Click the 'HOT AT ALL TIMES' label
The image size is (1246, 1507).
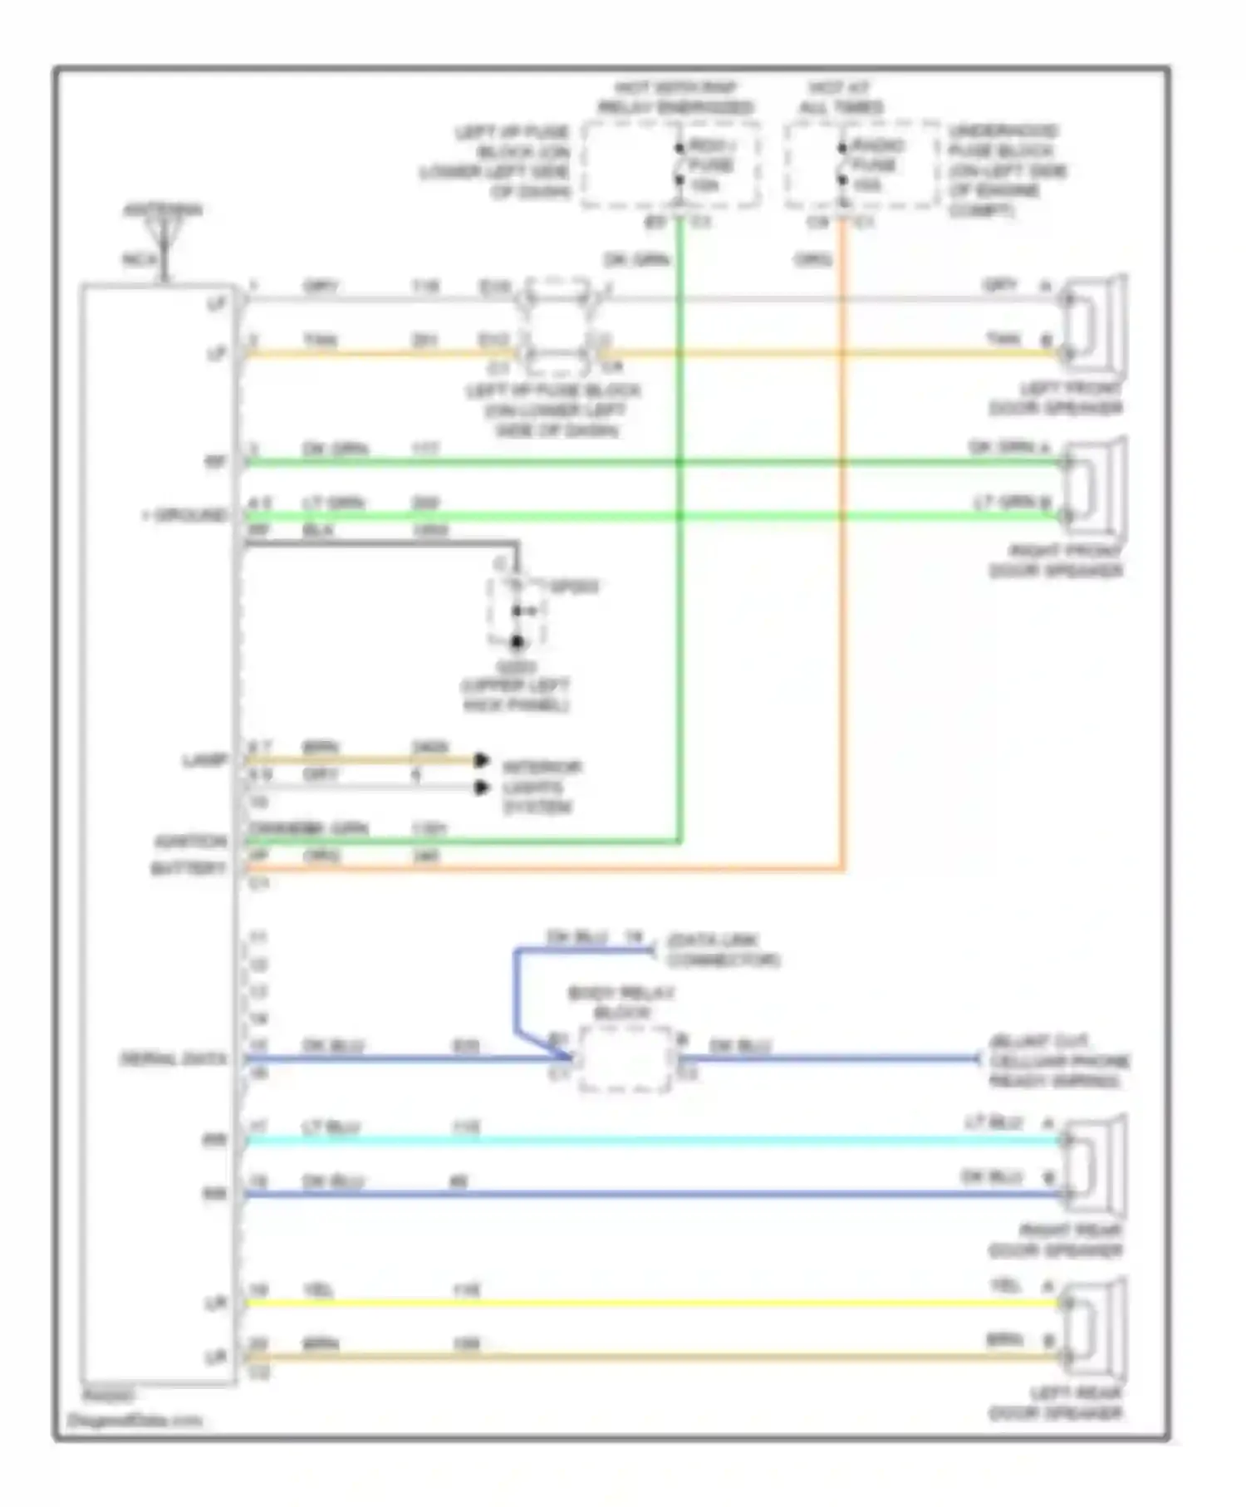(x=841, y=97)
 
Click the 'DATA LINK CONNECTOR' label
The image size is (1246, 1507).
(x=722, y=950)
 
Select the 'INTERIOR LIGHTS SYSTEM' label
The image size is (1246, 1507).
(x=541, y=787)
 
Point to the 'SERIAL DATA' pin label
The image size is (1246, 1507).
(x=174, y=1059)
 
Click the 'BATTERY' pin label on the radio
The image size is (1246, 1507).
(x=189, y=869)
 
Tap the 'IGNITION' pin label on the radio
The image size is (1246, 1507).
(x=190, y=842)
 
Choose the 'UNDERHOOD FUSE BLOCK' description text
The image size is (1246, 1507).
(x=1007, y=170)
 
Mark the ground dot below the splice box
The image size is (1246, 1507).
(x=517, y=642)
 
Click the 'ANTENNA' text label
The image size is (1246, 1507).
(x=163, y=210)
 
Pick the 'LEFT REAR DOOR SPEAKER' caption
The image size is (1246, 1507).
(x=1055, y=1402)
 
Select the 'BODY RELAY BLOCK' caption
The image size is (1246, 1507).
(x=621, y=1003)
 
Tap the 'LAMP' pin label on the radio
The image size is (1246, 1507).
(x=204, y=760)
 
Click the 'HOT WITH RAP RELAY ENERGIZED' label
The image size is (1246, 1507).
(x=675, y=97)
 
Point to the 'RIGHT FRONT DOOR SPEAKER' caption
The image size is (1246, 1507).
(x=1055, y=561)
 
